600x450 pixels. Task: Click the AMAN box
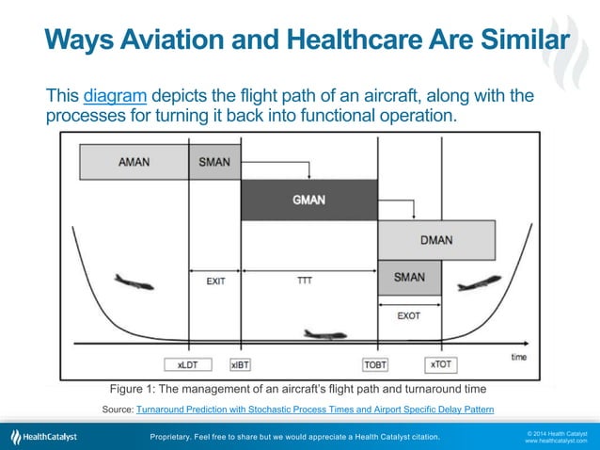tap(134, 161)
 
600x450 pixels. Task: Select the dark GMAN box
tap(308, 200)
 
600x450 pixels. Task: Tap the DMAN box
tap(436, 239)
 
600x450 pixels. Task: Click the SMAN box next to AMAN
tap(214, 161)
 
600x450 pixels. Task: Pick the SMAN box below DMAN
tap(409, 277)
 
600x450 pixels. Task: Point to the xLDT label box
tap(189, 363)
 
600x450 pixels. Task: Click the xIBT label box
tap(241, 363)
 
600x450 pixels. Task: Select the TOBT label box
tap(376, 363)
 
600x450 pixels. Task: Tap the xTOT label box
tap(439, 363)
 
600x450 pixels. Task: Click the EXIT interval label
tap(215, 280)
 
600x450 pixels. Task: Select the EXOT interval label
tap(408, 315)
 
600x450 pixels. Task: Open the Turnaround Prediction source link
tap(315, 410)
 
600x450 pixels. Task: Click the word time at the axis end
tap(518, 357)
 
